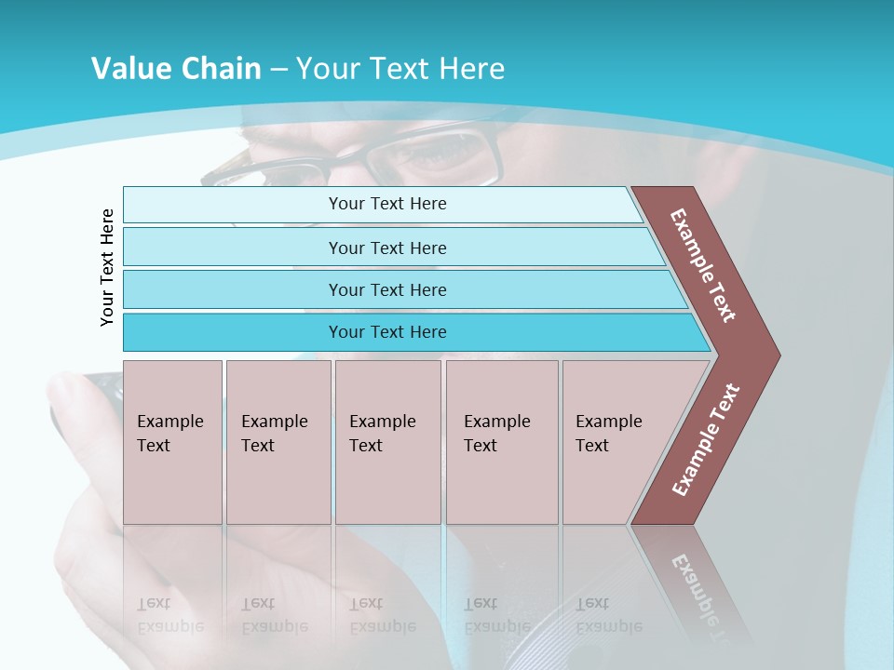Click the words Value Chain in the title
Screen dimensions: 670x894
(x=176, y=69)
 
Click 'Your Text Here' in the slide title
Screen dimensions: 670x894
(x=400, y=69)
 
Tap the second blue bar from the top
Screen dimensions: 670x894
(x=387, y=248)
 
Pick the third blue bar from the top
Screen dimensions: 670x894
(x=387, y=289)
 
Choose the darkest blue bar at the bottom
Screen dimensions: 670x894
(x=387, y=332)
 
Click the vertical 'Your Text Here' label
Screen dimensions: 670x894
(x=107, y=267)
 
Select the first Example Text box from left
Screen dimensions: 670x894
(x=172, y=441)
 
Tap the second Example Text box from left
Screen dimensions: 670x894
(x=278, y=441)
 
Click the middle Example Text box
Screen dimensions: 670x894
(x=387, y=441)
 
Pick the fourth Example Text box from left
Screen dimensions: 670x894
(x=501, y=441)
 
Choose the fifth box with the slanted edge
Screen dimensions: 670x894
(x=615, y=441)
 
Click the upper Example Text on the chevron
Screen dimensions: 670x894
(x=703, y=264)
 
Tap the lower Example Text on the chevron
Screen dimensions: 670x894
(x=706, y=439)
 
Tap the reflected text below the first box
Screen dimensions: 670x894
(x=169, y=615)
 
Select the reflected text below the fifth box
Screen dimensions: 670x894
(x=608, y=615)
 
